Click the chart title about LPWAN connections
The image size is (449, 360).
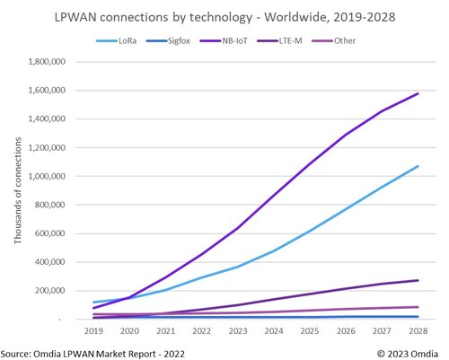[224, 16]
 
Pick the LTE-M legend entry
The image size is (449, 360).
[321, 41]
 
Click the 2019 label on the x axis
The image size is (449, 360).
[93, 330]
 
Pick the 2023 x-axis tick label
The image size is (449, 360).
[238, 330]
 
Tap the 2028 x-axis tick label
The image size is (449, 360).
[418, 330]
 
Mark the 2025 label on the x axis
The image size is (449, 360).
[310, 330]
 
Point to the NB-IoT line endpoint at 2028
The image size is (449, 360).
[418, 93]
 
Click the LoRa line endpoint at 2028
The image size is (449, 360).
[418, 166]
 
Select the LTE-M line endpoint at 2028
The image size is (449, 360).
[418, 280]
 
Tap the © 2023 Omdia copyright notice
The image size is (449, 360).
[409, 351]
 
